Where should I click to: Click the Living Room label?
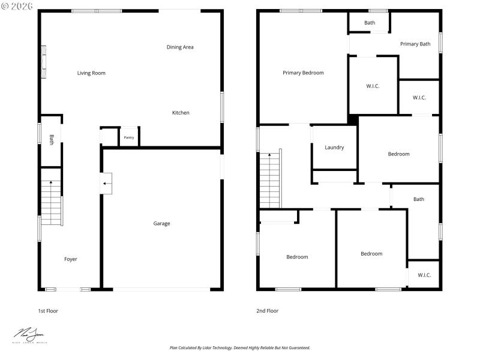coord(91,73)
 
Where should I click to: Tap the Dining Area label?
coord(180,47)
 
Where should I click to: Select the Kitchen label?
coord(181,113)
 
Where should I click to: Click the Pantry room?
coord(129,137)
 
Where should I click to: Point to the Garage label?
coord(161,224)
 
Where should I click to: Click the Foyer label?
coord(71,259)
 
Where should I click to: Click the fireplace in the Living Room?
coord(43,62)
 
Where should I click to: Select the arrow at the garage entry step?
coord(107,184)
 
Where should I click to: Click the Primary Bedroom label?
coord(303,73)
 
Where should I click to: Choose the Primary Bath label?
coord(415,44)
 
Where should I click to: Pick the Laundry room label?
coord(334,148)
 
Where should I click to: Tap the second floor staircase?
coord(270,180)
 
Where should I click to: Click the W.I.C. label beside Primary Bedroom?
coord(373,86)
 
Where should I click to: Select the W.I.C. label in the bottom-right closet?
coord(424,275)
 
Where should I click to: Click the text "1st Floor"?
coord(48,311)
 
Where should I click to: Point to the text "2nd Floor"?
coord(268,311)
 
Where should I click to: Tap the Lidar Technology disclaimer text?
coord(240,347)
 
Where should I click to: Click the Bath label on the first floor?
coord(52,139)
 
